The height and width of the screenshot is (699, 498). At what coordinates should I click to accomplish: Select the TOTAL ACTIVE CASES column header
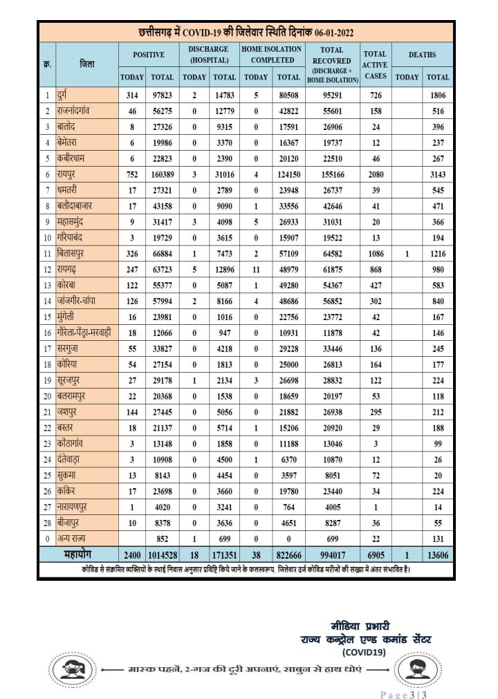coord(375,64)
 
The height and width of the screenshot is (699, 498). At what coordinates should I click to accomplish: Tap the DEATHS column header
coord(422,54)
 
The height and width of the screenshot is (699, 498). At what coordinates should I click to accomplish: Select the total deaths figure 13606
coord(438,554)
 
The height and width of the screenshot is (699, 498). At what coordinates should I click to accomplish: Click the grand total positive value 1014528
coord(163,554)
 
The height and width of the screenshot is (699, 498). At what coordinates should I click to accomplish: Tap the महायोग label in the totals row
coord(77,554)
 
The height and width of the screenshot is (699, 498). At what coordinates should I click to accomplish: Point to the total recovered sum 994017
coord(332,554)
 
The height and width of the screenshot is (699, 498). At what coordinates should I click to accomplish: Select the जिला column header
coord(86,64)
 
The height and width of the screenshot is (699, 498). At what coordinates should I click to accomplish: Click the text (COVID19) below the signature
coord(364,651)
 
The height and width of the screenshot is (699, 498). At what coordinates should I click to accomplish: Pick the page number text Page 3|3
coord(405,693)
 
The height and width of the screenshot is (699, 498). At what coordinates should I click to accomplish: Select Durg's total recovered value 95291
coord(332,93)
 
